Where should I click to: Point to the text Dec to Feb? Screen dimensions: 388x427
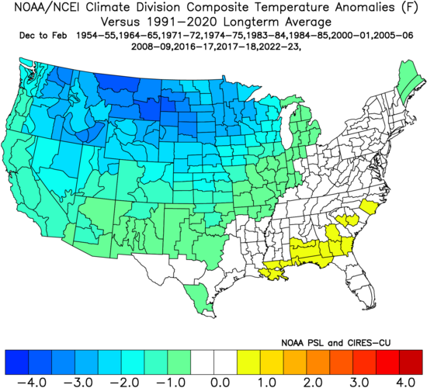click(39, 36)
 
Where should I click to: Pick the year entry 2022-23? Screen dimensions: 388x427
click(300, 47)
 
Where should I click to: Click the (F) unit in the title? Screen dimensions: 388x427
click(408, 9)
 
